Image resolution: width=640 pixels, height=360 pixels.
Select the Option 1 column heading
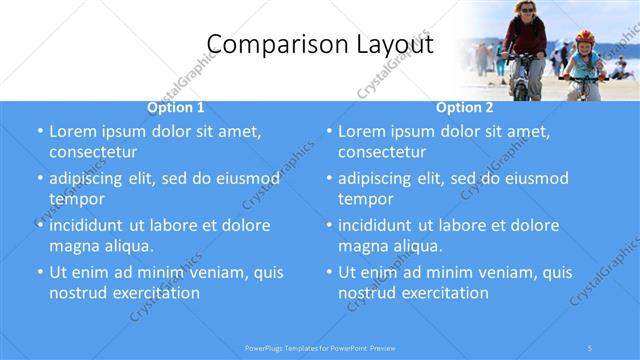point(176,107)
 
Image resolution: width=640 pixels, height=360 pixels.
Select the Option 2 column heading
point(465,107)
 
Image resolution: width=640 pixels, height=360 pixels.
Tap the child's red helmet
point(585,37)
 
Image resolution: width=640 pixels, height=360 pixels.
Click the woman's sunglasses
point(525,10)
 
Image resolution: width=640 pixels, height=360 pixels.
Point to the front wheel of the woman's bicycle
point(521,87)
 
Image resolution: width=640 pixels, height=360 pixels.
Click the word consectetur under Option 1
point(93,152)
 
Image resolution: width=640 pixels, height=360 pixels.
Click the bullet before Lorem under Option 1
point(40,132)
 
